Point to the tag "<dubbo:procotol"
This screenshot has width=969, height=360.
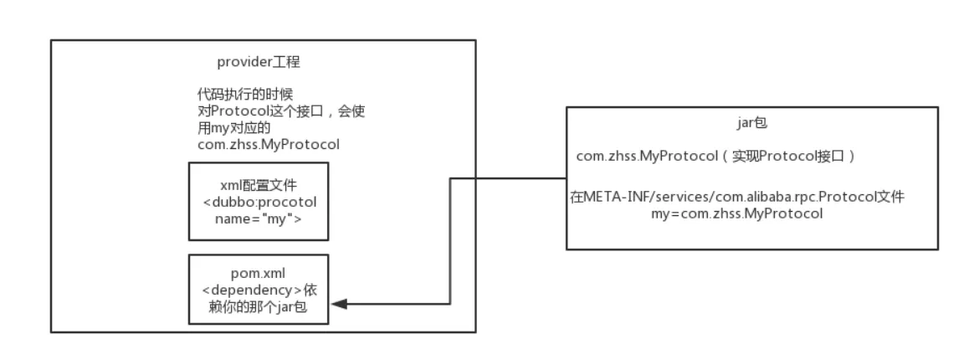point(258,204)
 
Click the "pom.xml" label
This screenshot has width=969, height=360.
point(258,272)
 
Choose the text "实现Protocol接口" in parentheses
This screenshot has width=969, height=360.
point(802,157)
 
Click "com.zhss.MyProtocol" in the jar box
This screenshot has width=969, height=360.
point(638,157)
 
